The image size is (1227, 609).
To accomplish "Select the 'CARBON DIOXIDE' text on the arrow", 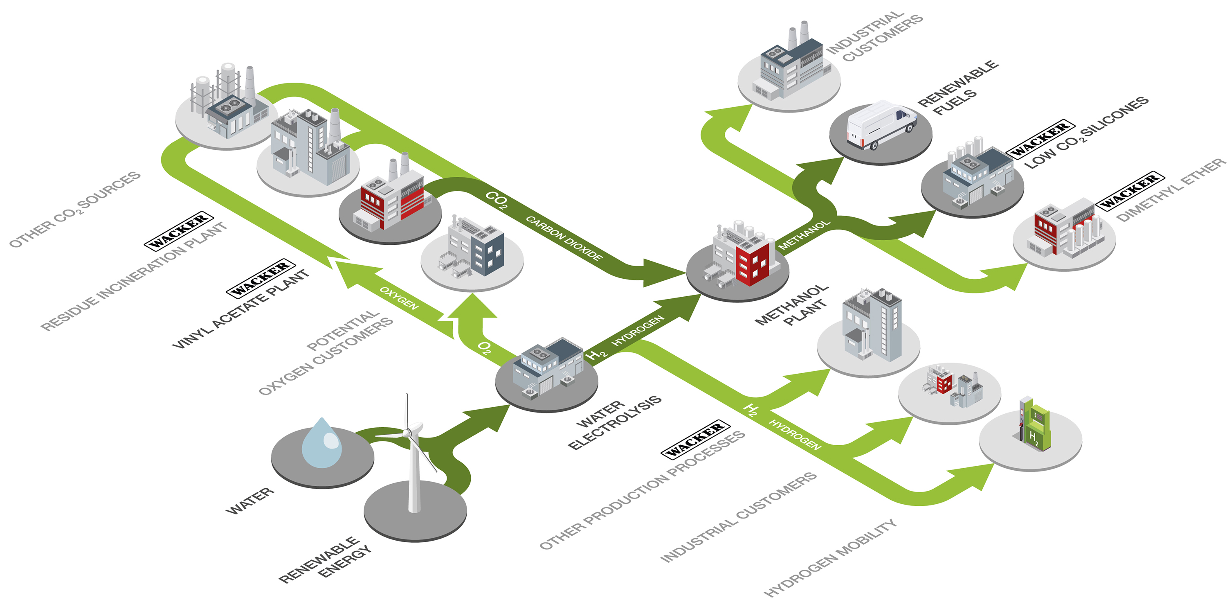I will click(x=564, y=238).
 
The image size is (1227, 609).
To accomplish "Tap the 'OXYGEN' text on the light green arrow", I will click(x=399, y=298).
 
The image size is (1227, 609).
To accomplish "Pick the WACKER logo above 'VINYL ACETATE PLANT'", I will click(x=261, y=278).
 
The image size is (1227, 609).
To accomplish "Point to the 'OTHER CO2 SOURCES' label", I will click(x=75, y=210).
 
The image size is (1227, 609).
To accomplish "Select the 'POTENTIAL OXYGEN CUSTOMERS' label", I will click(x=327, y=353).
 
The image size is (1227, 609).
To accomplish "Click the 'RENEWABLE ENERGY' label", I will click(x=327, y=559).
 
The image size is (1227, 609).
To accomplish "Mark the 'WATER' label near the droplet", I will click(x=250, y=501).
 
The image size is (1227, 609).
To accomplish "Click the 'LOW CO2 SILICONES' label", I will click(x=1086, y=133).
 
